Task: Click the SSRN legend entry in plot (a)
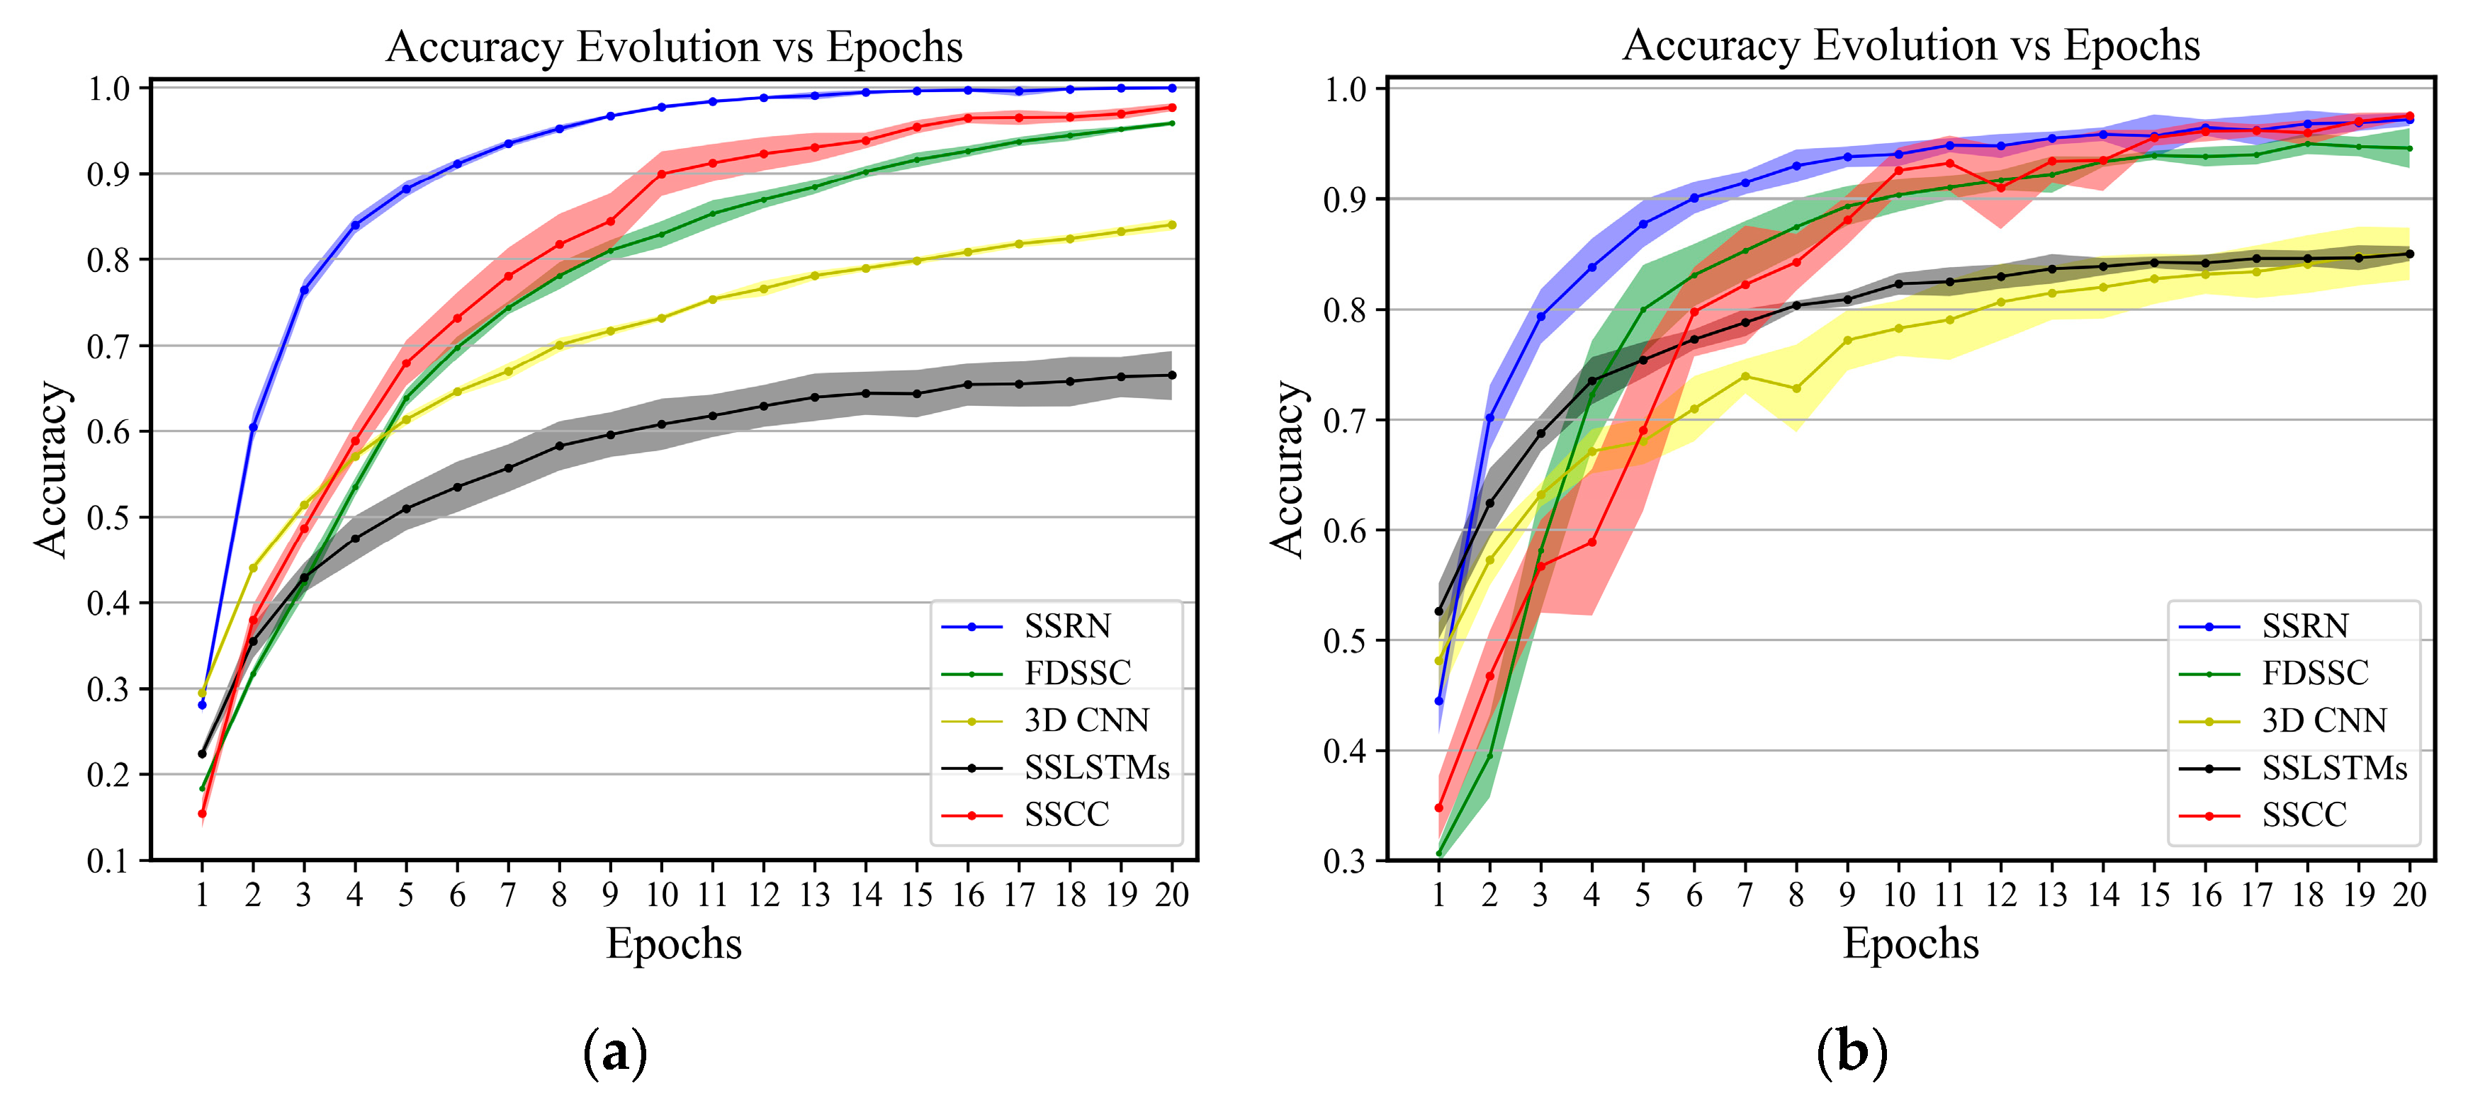(1066, 626)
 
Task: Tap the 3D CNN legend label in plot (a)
(1086, 720)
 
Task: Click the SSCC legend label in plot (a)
(1066, 815)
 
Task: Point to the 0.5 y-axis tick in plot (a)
(107, 518)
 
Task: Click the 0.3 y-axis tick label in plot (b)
(1343, 861)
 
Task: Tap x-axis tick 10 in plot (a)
(661, 895)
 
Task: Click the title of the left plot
(674, 47)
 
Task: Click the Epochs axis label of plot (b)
(1910, 944)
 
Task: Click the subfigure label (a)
(614, 1053)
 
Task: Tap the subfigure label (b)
(1851, 1053)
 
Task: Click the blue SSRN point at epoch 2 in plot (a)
(253, 427)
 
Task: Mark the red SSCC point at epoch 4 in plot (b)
(1591, 543)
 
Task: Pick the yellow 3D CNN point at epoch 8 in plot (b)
(1796, 389)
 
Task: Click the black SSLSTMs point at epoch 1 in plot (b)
(1438, 611)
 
